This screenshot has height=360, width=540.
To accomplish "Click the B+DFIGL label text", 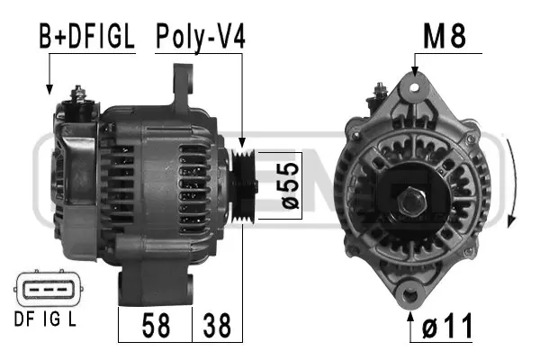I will [85, 37].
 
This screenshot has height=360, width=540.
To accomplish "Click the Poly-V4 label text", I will [200, 37].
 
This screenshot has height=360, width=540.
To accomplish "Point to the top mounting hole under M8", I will [414, 86].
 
